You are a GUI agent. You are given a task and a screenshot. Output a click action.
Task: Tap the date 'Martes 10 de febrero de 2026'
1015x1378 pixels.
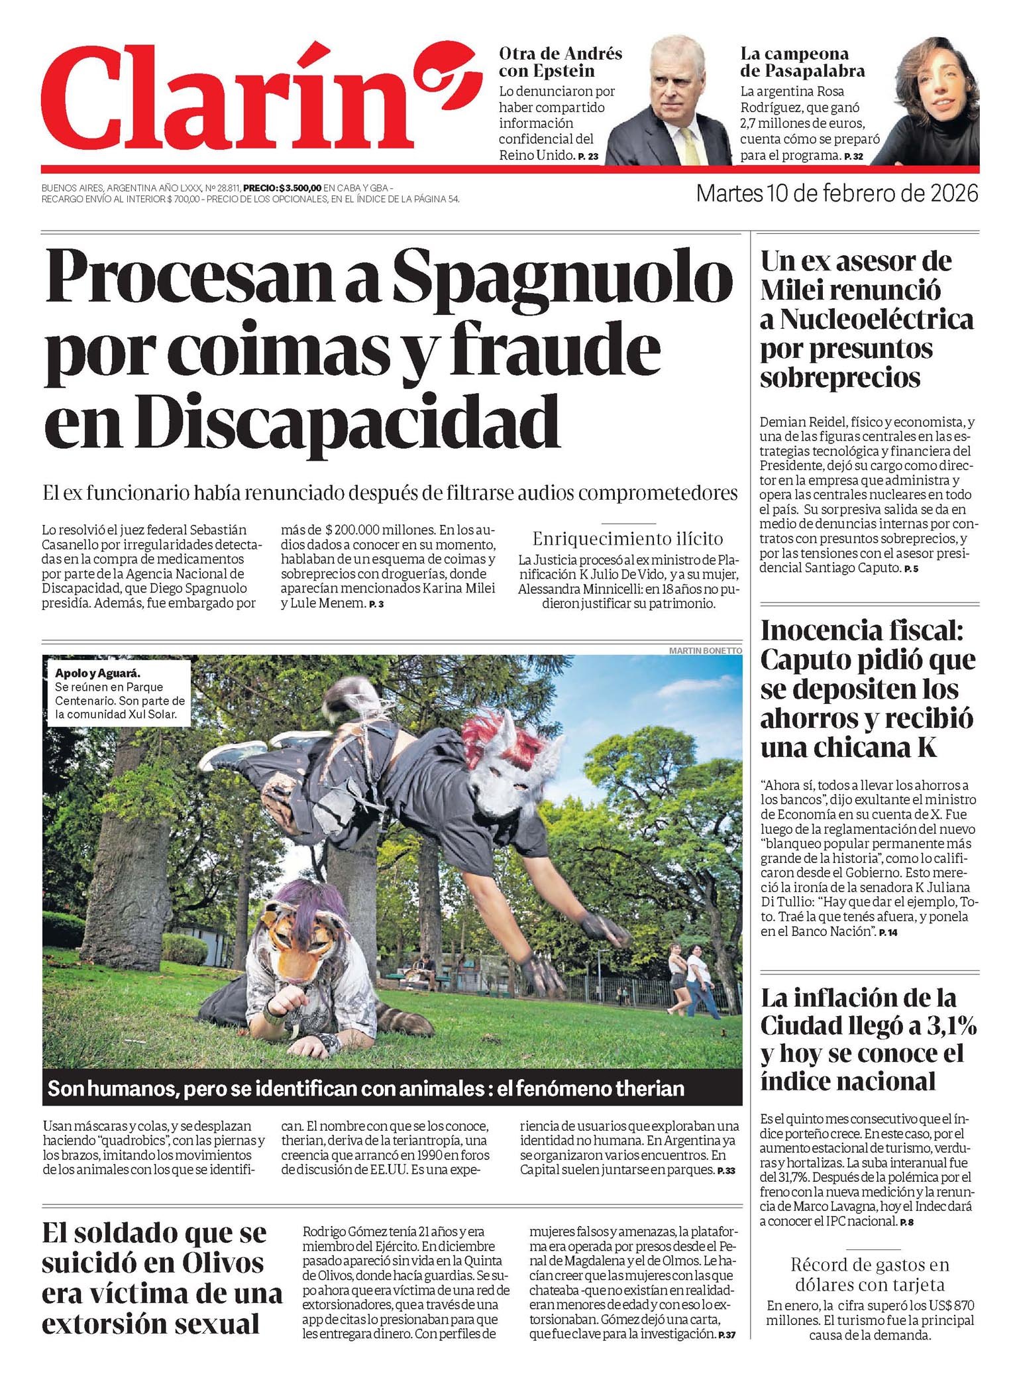tap(837, 194)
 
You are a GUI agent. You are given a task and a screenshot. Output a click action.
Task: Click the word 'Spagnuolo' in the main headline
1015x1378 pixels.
tap(562, 276)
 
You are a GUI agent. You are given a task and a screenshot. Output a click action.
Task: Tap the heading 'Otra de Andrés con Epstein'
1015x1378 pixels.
tap(560, 62)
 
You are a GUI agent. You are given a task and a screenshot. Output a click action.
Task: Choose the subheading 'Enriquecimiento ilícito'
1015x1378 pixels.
tap(627, 538)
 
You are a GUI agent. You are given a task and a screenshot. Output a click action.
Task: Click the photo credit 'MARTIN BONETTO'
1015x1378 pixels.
tap(705, 650)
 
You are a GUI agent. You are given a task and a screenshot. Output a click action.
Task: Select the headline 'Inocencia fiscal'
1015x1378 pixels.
tap(861, 630)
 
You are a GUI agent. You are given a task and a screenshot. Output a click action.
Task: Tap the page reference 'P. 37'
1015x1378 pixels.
tap(727, 1335)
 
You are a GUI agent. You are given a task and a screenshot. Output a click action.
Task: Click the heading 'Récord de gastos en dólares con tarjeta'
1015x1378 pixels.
tap(869, 1275)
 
